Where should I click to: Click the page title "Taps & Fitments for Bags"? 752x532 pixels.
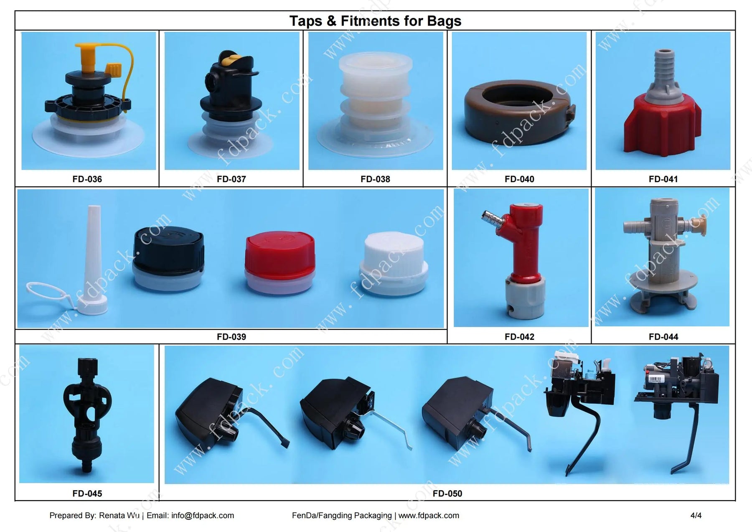375,21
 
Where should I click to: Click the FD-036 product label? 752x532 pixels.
87,179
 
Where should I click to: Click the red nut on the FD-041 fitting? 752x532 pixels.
662,123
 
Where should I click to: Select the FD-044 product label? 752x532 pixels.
663,337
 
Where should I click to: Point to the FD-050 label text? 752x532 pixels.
447,494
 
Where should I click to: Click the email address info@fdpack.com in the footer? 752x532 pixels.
203,516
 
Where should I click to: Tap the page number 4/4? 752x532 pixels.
696,516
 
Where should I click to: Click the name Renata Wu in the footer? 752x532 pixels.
119,516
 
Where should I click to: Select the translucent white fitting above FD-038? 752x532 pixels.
376,104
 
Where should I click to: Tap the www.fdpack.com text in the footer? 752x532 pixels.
429,516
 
